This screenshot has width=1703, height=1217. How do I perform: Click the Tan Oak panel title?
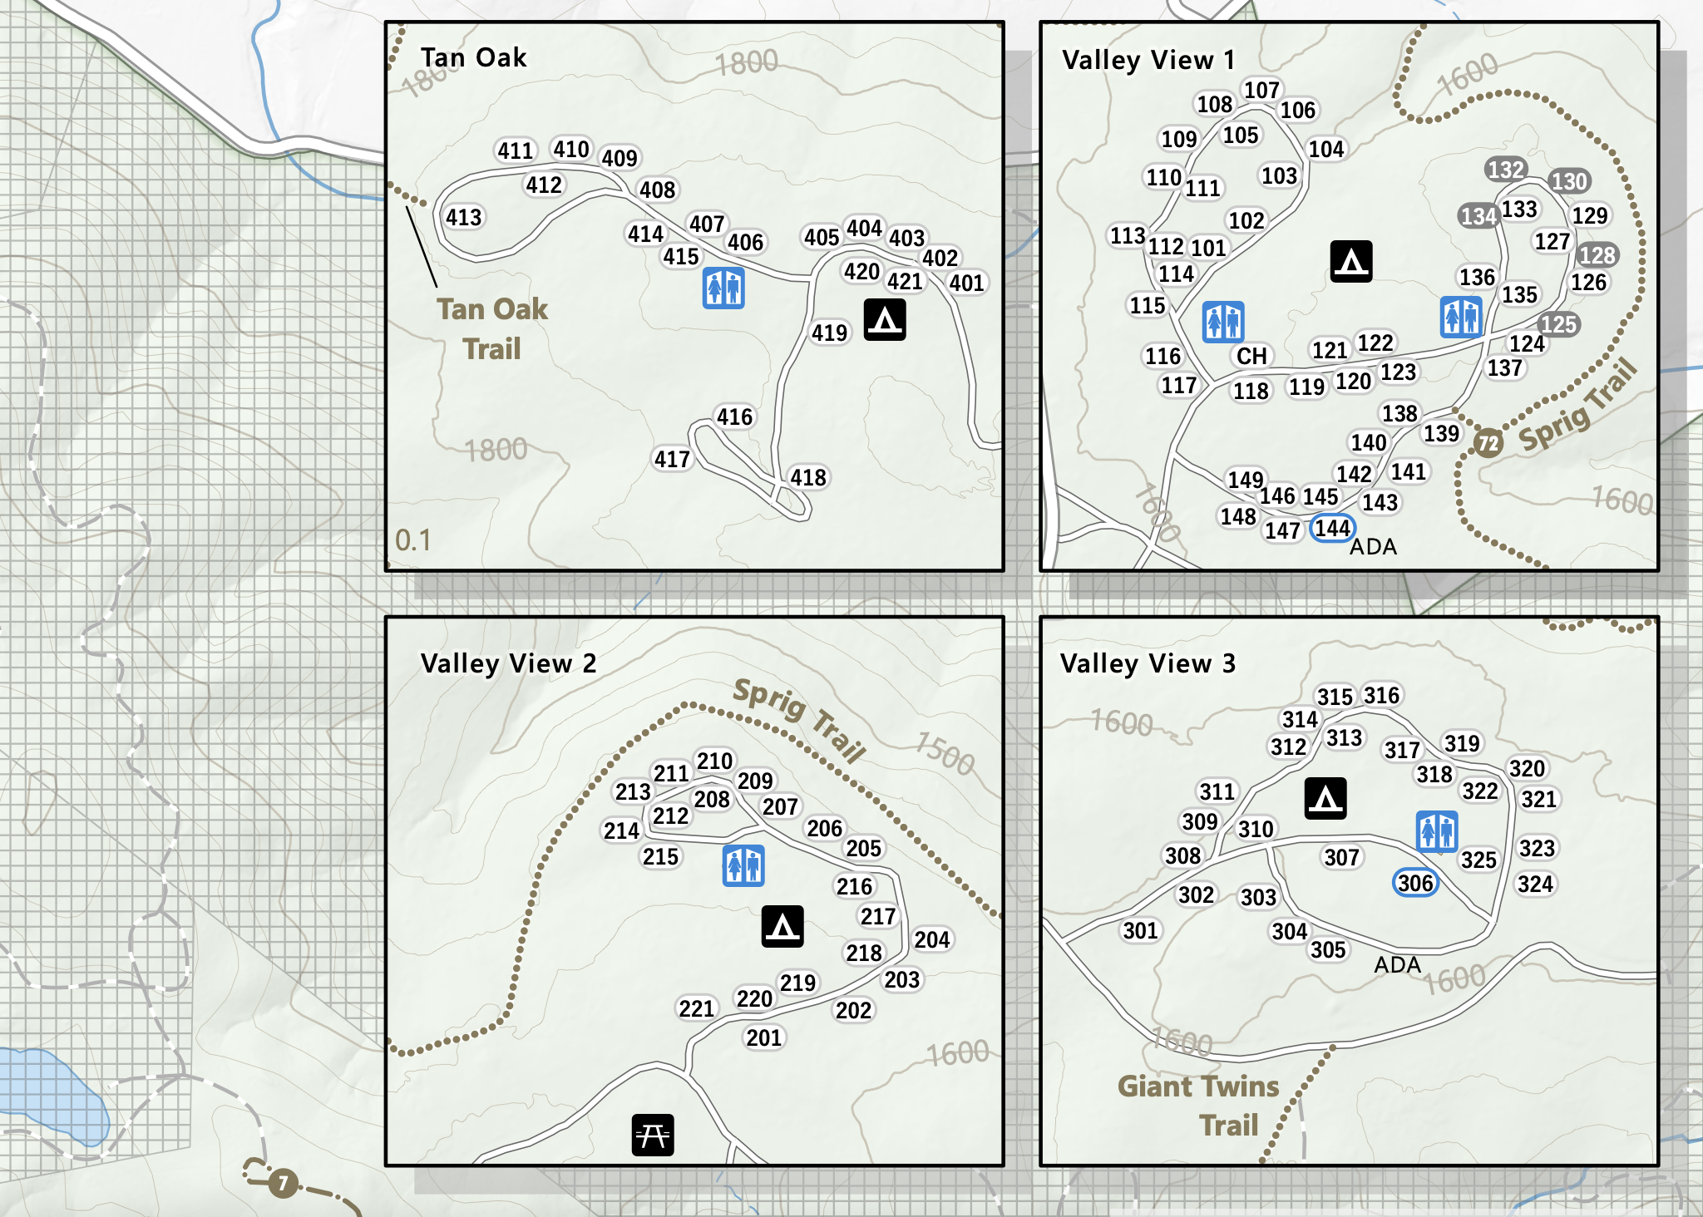tap(473, 57)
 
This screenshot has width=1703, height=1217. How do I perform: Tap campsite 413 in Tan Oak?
tap(463, 218)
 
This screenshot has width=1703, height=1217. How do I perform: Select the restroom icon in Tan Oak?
tap(723, 288)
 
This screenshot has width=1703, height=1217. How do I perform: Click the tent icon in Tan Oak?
tap(884, 320)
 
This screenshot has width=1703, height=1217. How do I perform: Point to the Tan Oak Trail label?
tap(492, 328)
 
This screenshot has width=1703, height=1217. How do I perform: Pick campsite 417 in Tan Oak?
tap(672, 459)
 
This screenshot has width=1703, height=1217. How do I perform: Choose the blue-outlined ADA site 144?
tap(1332, 528)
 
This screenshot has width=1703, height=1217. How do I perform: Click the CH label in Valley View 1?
tap(1251, 356)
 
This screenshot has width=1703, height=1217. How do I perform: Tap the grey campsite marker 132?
tap(1505, 170)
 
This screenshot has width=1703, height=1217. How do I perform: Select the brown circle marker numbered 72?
tap(1488, 443)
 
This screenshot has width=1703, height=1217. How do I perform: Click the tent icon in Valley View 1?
tap(1350, 262)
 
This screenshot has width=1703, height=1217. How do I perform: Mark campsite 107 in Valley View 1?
tap(1261, 90)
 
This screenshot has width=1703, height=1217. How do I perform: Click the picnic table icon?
tap(652, 1135)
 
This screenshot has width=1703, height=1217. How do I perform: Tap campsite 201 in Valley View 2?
tap(763, 1037)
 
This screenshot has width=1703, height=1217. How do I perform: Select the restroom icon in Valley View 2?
tap(743, 865)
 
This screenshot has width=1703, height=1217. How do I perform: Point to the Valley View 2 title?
tap(508, 663)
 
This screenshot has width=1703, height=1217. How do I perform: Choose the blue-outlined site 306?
tap(1415, 883)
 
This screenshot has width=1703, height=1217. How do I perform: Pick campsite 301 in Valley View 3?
tap(1140, 930)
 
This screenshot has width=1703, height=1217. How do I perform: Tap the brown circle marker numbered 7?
tap(283, 1182)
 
